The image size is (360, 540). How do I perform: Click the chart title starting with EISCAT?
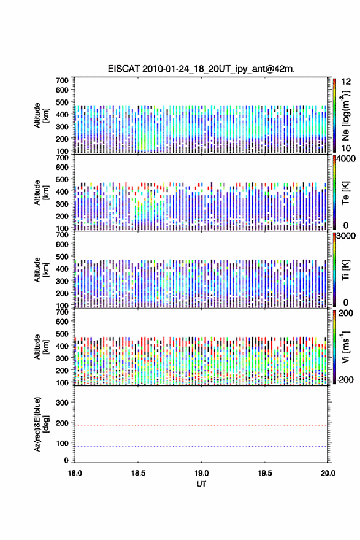point(201,69)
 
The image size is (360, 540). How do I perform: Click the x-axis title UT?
point(201,484)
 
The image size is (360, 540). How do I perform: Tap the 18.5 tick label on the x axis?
point(138,473)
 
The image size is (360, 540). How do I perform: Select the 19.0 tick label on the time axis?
point(201,473)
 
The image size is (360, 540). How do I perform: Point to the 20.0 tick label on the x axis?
point(328,473)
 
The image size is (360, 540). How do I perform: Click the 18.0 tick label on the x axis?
point(75,473)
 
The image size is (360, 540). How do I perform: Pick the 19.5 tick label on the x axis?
point(265,473)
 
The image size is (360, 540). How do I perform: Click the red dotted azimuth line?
point(201,425)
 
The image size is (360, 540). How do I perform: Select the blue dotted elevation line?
point(201,446)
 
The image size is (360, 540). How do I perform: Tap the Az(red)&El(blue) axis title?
point(41,424)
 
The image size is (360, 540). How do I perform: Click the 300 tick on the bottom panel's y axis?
point(63,403)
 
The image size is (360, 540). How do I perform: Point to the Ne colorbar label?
point(345,116)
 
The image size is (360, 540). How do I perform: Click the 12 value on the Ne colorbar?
point(346,81)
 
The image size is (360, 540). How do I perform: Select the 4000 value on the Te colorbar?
point(347,159)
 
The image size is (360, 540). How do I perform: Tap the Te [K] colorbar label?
point(345,193)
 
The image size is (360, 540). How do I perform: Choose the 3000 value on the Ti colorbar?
point(347,236)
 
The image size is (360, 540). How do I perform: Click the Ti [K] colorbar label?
point(345,269)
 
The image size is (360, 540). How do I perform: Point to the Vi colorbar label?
point(345,347)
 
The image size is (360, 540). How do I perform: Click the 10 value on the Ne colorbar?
point(346,148)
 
